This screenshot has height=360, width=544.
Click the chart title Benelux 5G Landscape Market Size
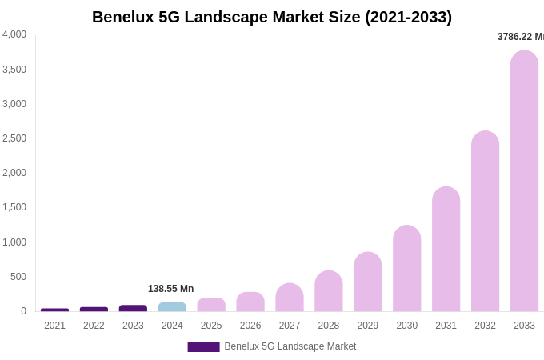[x=272, y=17]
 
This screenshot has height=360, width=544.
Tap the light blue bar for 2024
[x=172, y=307]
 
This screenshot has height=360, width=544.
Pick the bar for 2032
[x=485, y=222]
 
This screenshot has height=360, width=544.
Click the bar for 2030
[x=406, y=269]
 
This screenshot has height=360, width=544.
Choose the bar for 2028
[x=328, y=291]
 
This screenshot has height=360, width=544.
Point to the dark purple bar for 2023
[x=133, y=308]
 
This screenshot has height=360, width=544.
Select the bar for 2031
[x=446, y=250]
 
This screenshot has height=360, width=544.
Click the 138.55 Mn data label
[x=170, y=289]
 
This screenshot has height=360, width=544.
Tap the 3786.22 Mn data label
[x=520, y=37]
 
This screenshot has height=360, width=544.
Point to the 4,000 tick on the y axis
[x=14, y=34]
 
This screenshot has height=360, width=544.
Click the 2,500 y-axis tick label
[x=14, y=138]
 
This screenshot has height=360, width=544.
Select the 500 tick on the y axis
[x=18, y=277]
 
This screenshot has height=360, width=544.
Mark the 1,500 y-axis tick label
[x=14, y=207]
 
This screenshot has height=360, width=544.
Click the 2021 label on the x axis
[x=54, y=326]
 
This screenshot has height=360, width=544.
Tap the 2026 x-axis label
[x=250, y=326]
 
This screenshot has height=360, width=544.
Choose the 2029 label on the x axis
[x=367, y=326]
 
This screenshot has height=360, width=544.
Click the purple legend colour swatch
[x=203, y=347]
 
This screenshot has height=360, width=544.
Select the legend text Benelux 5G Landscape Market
[x=290, y=346]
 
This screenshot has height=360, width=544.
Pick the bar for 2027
[x=290, y=298]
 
